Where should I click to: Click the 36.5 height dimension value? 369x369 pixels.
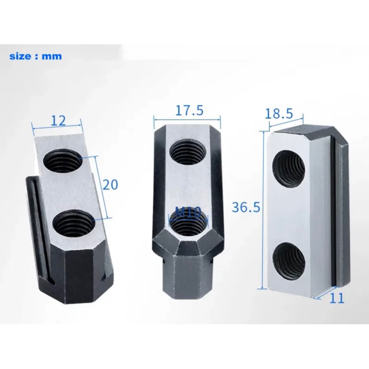[x=244, y=207]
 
